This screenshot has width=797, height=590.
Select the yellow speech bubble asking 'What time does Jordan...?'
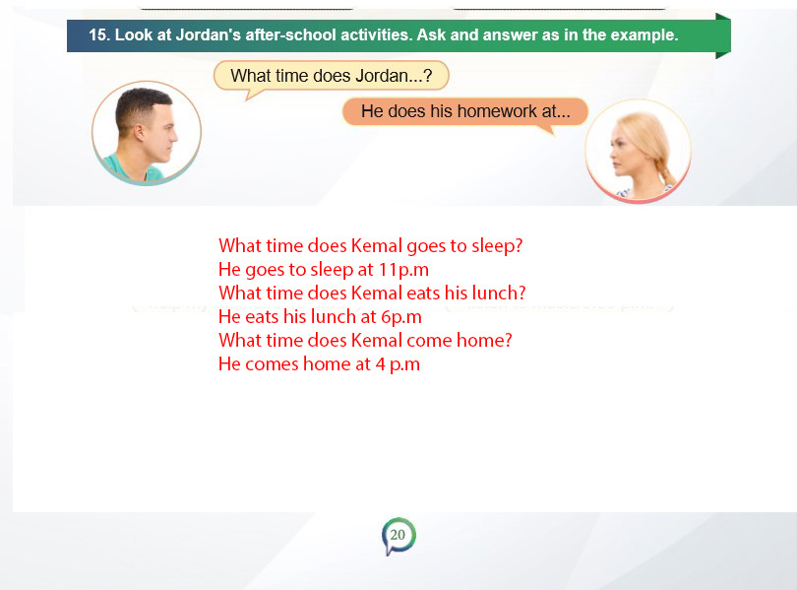pos(331,76)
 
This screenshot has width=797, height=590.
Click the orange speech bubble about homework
pos(465,111)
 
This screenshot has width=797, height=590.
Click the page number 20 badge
pos(398,536)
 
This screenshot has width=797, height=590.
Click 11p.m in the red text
pos(404,270)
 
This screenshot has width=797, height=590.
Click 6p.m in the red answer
pos(401,317)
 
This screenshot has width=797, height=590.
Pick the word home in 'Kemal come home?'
pos(479,340)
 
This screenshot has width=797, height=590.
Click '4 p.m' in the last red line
pos(398,364)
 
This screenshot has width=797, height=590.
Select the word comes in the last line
pos(273,364)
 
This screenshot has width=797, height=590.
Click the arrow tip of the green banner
pos(730,35)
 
